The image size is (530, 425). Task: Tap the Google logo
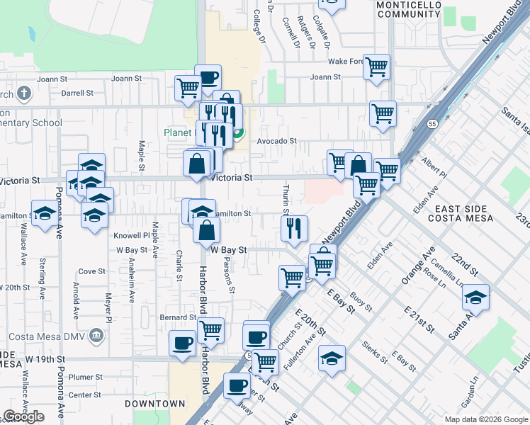tap(23, 416)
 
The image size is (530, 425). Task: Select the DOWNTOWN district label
tap(154, 404)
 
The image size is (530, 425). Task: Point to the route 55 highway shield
tap(432, 124)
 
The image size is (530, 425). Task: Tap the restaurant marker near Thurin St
tap(293, 228)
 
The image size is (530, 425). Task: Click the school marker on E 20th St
tap(331, 357)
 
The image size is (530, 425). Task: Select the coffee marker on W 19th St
tap(182, 344)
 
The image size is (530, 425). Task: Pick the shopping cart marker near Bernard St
tap(210, 329)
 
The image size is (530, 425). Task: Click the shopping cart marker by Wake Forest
tap(376, 67)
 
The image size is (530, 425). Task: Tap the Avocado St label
tap(276, 141)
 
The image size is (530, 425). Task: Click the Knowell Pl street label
tap(136, 235)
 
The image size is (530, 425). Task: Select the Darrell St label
tap(77, 93)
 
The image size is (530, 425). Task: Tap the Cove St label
tap(91, 271)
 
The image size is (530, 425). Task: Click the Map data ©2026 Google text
tap(485, 419)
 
